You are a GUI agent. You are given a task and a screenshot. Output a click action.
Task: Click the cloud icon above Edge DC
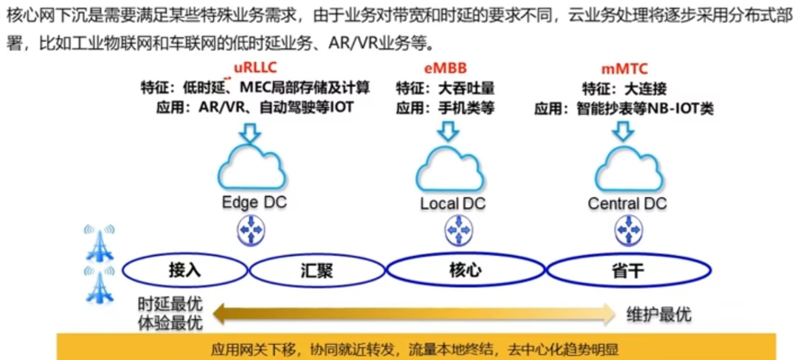tap(251, 168)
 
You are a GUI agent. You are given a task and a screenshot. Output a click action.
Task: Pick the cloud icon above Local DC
tap(450, 168)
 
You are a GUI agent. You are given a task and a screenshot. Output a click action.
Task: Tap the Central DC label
tap(627, 203)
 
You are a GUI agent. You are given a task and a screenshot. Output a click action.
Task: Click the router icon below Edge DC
tap(250, 231)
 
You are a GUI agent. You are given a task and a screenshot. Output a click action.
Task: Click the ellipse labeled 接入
tap(185, 271)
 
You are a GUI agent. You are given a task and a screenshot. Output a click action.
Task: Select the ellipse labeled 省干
tap(628, 271)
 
